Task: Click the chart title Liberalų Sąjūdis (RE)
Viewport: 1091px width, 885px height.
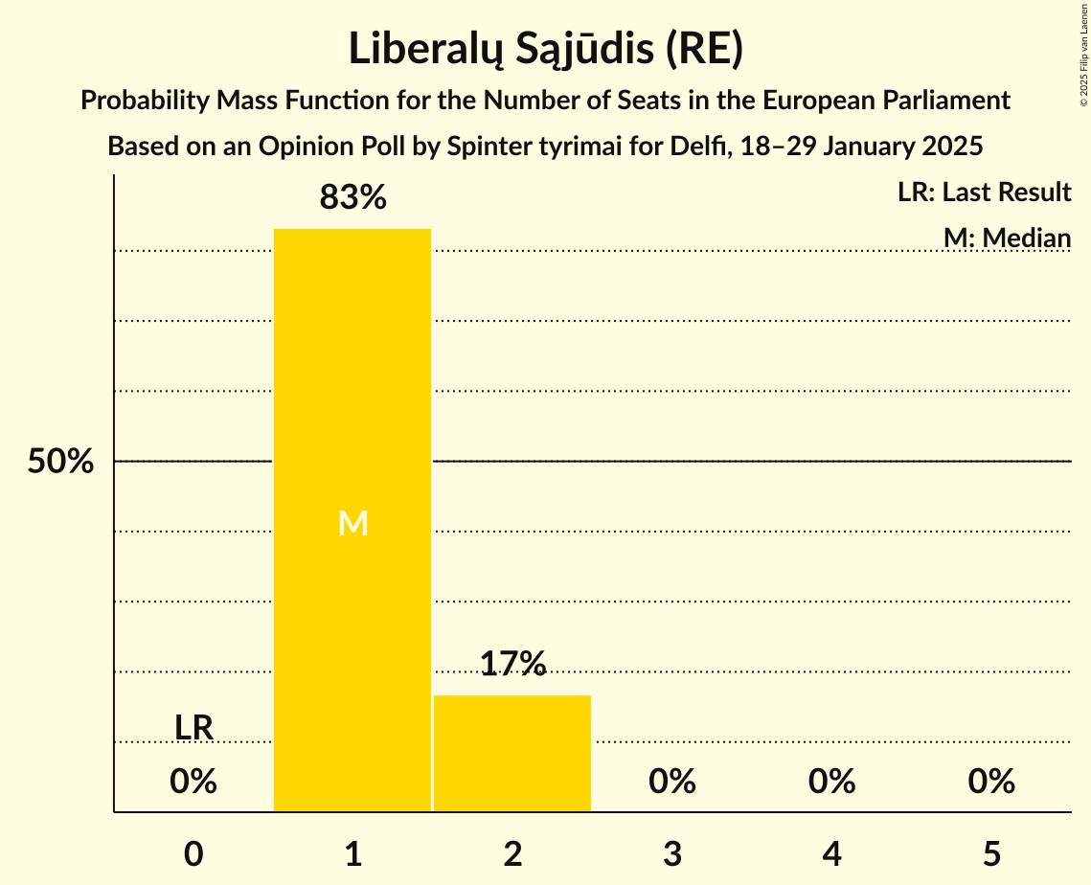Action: coord(545,50)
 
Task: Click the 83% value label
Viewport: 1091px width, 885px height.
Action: coord(352,198)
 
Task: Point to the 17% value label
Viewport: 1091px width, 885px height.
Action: coord(512,664)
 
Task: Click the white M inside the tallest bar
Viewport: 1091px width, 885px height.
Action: coord(352,523)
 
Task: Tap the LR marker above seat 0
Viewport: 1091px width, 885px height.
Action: coord(193,728)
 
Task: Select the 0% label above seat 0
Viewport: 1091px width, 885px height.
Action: coord(193,782)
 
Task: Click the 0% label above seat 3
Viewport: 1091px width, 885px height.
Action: coord(672,782)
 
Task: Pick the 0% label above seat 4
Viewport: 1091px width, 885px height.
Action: coord(831,782)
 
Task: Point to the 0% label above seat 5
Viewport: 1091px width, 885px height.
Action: coord(991,782)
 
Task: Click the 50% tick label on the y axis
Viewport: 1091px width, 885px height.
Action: coord(60,462)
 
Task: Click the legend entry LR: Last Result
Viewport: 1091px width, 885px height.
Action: coord(984,193)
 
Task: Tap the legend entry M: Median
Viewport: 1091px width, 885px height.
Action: coord(1007,238)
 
